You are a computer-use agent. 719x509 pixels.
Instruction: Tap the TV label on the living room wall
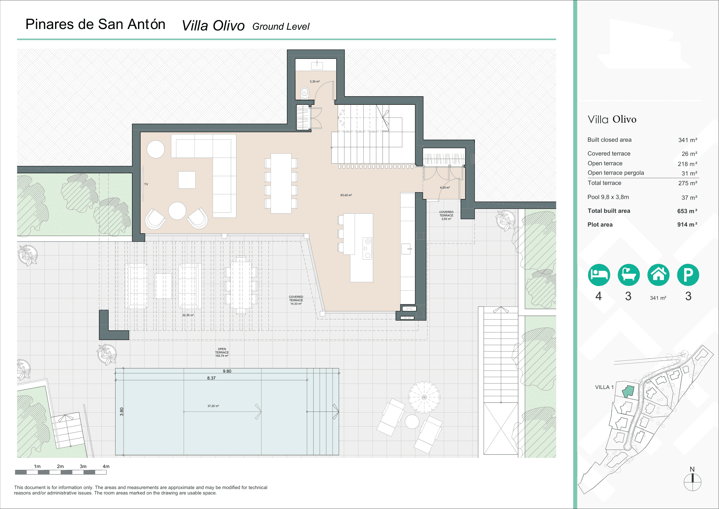tap(146, 184)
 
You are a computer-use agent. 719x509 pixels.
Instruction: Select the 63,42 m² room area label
tap(346, 195)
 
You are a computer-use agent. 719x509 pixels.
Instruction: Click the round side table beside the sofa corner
tap(156, 149)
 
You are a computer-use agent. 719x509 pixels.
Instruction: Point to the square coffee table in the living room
tap(187, 180)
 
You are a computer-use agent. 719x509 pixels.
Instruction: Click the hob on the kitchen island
tap(367, 248)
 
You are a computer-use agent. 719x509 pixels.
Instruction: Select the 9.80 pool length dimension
tap(227, 371)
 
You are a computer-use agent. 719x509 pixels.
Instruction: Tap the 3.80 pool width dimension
tap(122, 411)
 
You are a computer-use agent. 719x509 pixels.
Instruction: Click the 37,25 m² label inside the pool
tap(213, 406)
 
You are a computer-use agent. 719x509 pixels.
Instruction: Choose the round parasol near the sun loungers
tap(424, 397)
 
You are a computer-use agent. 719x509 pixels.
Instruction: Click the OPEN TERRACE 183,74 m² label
tap(222, 352)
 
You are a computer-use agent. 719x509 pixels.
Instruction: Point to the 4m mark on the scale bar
tap(106, 467)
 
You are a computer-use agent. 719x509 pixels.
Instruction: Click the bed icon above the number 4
tap(599, 275)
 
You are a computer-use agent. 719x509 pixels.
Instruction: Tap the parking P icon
tap(688, 275)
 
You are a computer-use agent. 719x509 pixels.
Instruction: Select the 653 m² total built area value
tap(687, 211)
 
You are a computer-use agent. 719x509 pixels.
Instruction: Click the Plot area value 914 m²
tap(687, 225)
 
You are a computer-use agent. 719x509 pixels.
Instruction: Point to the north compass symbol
tap(692, 481)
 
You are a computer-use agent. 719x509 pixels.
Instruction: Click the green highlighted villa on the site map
tap(628, 392)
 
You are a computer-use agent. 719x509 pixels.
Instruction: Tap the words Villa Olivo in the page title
tap(213, 26)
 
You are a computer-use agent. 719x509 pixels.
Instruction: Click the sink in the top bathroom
tap(317, 65)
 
